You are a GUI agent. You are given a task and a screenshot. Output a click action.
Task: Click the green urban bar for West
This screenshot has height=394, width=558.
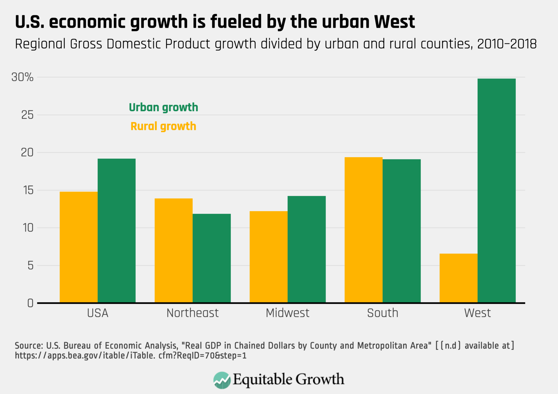click(496, 191)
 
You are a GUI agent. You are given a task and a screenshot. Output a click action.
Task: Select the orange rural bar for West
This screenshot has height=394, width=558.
click(458, 278)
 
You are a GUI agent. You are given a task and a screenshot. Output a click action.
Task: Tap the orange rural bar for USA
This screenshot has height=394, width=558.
click(78, 247)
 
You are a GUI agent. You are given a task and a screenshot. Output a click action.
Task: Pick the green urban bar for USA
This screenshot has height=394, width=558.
click(117, 231)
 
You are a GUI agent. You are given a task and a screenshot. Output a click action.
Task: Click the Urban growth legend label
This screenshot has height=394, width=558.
click(163, 107)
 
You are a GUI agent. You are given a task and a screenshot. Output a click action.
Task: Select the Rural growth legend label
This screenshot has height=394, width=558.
click(163, 126)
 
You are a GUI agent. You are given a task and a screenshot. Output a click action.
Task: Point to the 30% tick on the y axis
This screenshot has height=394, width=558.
click(22, 77)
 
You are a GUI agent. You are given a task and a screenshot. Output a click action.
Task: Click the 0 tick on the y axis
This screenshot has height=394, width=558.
click(30, 303)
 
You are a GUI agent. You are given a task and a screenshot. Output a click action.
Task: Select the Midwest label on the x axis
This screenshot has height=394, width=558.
click(287, 313)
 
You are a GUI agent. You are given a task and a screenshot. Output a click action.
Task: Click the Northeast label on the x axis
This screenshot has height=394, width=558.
click(192, 313)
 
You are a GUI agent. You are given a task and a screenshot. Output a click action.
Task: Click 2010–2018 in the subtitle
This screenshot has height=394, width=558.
click(507, 44)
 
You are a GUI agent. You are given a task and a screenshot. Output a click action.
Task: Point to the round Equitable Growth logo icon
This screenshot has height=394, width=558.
click(222, 380)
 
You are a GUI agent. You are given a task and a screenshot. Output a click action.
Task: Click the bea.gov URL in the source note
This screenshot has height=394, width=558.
click(131, 356)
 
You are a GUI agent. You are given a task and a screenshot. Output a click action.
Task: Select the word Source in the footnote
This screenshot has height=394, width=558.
click(28, 345)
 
